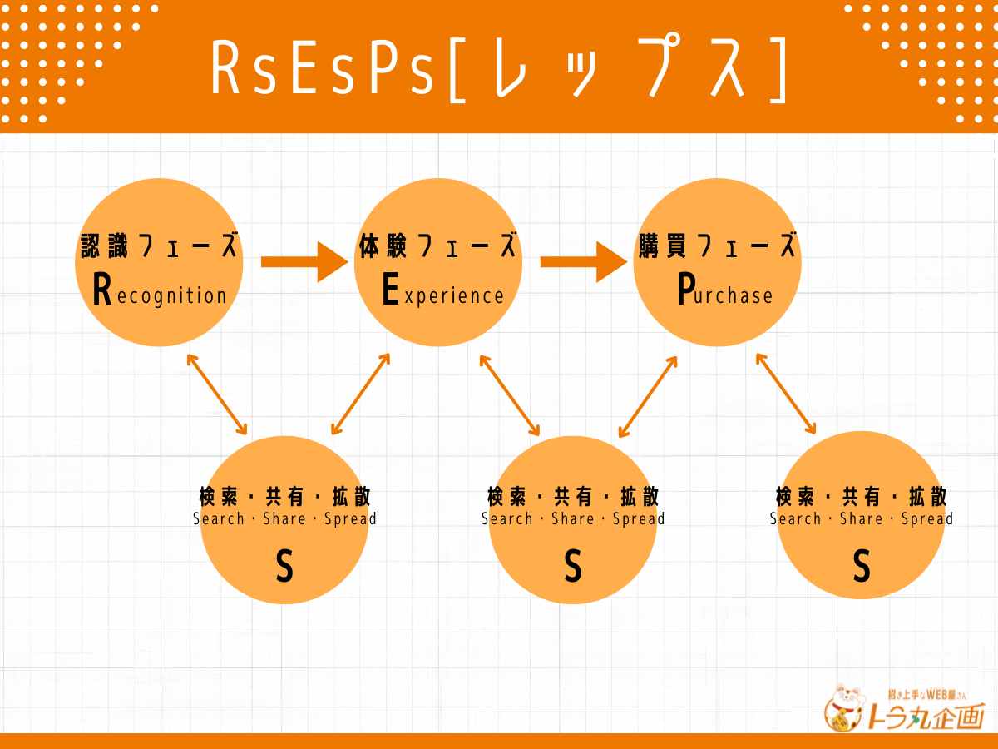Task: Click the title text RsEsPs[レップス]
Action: click(499, 67)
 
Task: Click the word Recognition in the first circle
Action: click(160, 290)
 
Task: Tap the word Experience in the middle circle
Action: click(442, 290)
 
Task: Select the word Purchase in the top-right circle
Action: click(724, 290)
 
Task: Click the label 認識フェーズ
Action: click(159, 246)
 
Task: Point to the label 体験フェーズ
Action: click(437, 246)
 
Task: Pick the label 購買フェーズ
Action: click(717, 246)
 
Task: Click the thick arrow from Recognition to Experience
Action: click(304, 262)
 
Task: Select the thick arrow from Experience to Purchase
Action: click(584, 262)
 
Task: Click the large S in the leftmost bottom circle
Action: click(284, 565)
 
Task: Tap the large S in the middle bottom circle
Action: click(573, 565)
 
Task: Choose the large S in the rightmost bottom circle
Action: click(862, 565)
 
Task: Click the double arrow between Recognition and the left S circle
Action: click(217, 394)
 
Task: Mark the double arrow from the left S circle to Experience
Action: click(361, 394)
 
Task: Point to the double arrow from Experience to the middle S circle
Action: click(510, 395)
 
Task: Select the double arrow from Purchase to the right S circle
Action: click(786, 394)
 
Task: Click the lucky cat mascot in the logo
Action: click(844, 707)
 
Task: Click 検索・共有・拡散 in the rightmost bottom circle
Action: click(862, 496)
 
